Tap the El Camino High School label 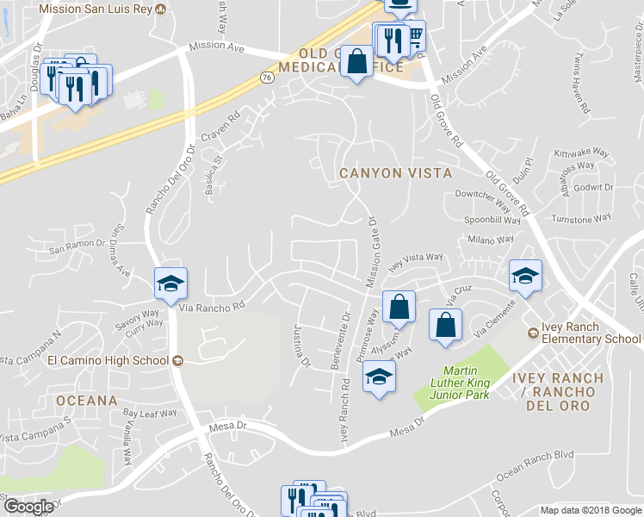tap(107, 360)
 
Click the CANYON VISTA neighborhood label tap(395, 173)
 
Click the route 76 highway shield tap(267, 78)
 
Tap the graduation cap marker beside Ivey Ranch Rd tap(378, 377)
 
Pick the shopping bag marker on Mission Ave tap(357, 61)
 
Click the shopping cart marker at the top tap(414, 36)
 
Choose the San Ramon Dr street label tap(76, 249)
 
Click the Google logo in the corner tap(28, 507)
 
